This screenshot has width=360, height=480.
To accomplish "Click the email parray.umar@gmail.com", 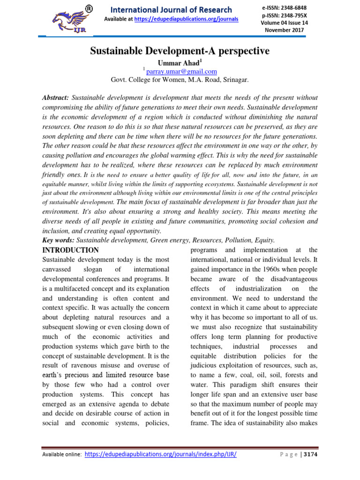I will click(x=181, y=71).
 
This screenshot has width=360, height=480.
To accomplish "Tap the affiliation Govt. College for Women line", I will click(x=180, y=80).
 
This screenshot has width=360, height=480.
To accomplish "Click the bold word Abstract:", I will click(x=56, y=97).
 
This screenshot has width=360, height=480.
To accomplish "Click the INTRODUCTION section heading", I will click(x=70, y=250).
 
